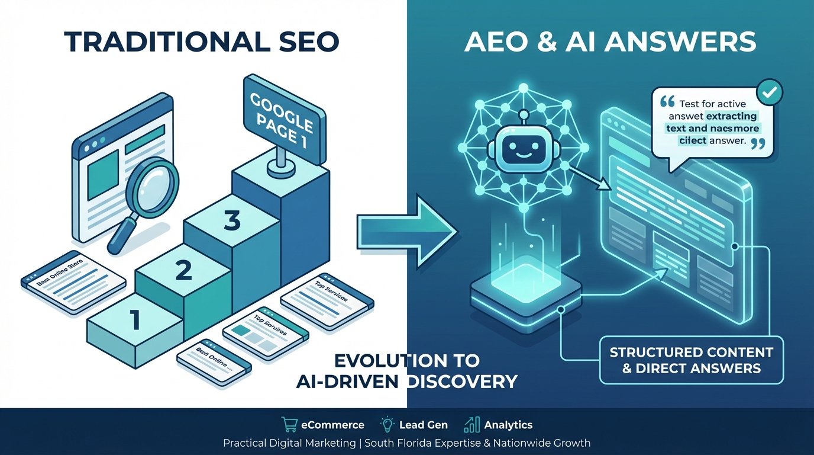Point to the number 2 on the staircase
point(184,271)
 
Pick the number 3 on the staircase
point(232,222)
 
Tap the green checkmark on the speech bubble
point(770,92)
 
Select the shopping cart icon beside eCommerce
point(289,425)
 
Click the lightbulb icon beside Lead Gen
point(388,425)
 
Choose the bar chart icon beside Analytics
point(472,425)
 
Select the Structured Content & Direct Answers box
point(691,360)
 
